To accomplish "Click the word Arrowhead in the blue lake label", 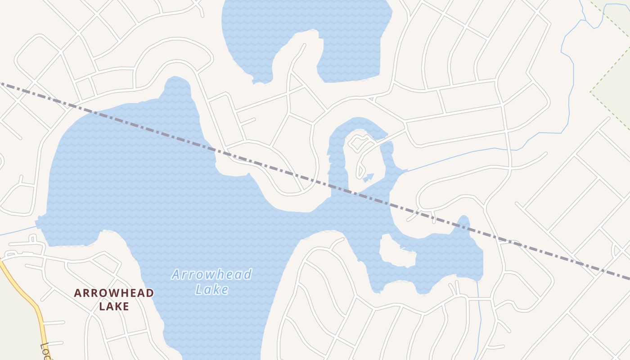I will point(211,274).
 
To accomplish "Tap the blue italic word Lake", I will point(211,289).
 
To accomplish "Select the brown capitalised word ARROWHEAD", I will point(114,293).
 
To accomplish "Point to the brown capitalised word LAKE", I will point(114,306).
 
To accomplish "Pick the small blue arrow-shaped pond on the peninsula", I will point(369,177).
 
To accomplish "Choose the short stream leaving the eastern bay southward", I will point(479,315).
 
